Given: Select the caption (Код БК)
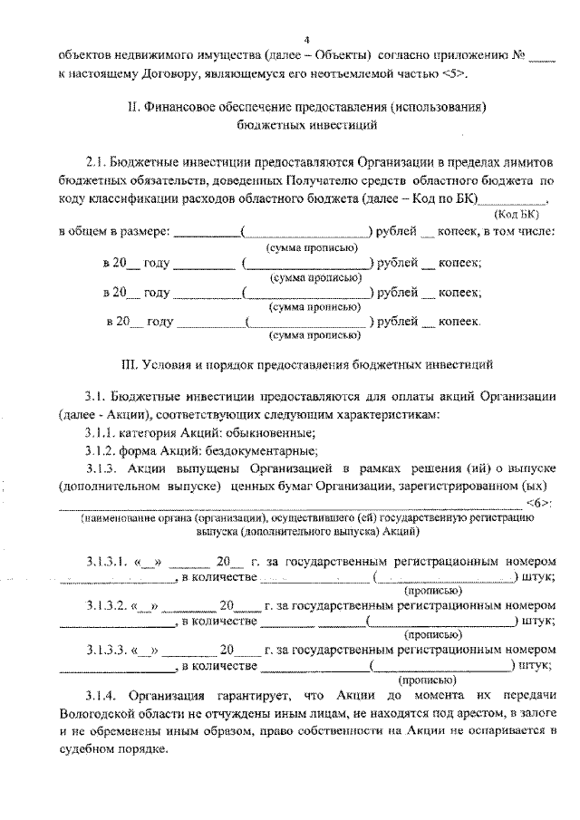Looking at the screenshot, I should pos(517,215).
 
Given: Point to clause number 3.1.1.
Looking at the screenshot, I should pos(101,433).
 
